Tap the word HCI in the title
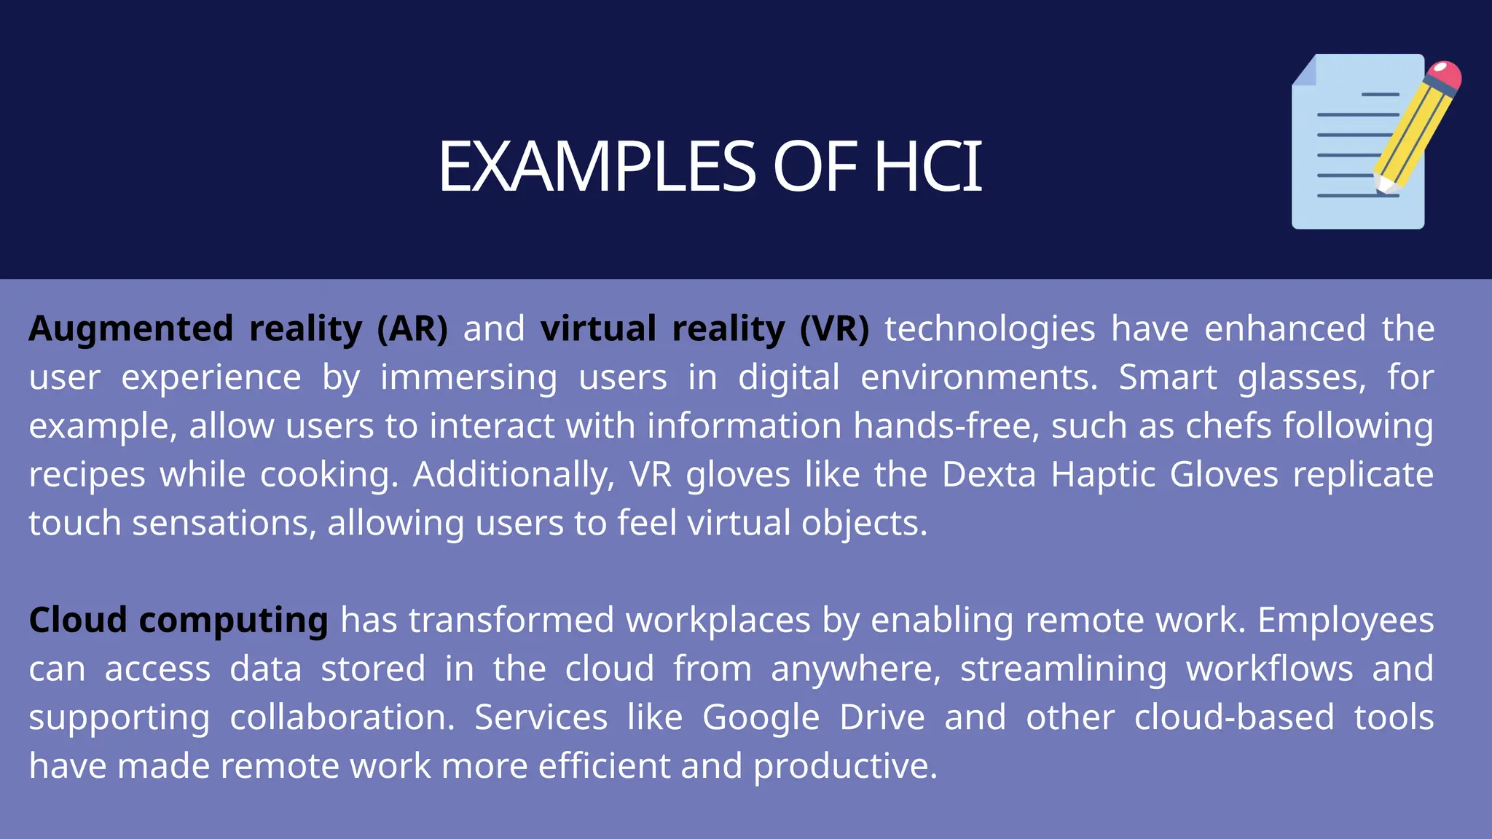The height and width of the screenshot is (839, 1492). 927,167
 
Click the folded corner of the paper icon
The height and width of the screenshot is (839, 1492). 1305,71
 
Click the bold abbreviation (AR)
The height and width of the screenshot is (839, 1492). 412,328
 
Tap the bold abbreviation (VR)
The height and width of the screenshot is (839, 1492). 834,328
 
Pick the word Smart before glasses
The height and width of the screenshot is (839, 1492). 1167,377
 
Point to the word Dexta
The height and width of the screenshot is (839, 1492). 989,474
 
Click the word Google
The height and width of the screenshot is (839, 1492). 761,718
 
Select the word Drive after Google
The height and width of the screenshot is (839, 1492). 882,717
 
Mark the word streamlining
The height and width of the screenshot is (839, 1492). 1064,669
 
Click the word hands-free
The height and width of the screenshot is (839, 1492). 946,425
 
